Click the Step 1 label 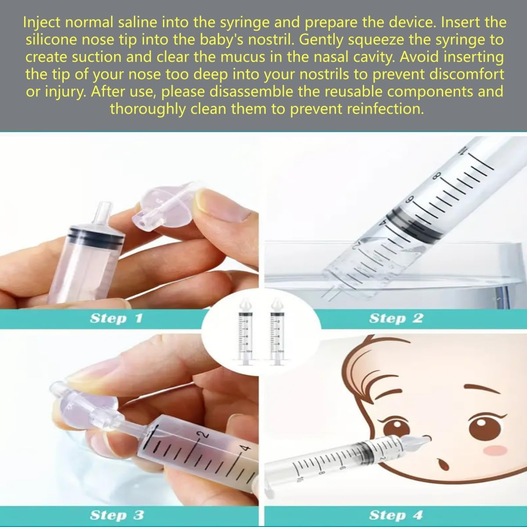(116, 318)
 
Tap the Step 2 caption (396, 318)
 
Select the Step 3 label (116, 515)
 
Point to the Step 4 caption (396, 515)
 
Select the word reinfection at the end (385, 108)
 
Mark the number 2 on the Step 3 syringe (204, 435)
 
